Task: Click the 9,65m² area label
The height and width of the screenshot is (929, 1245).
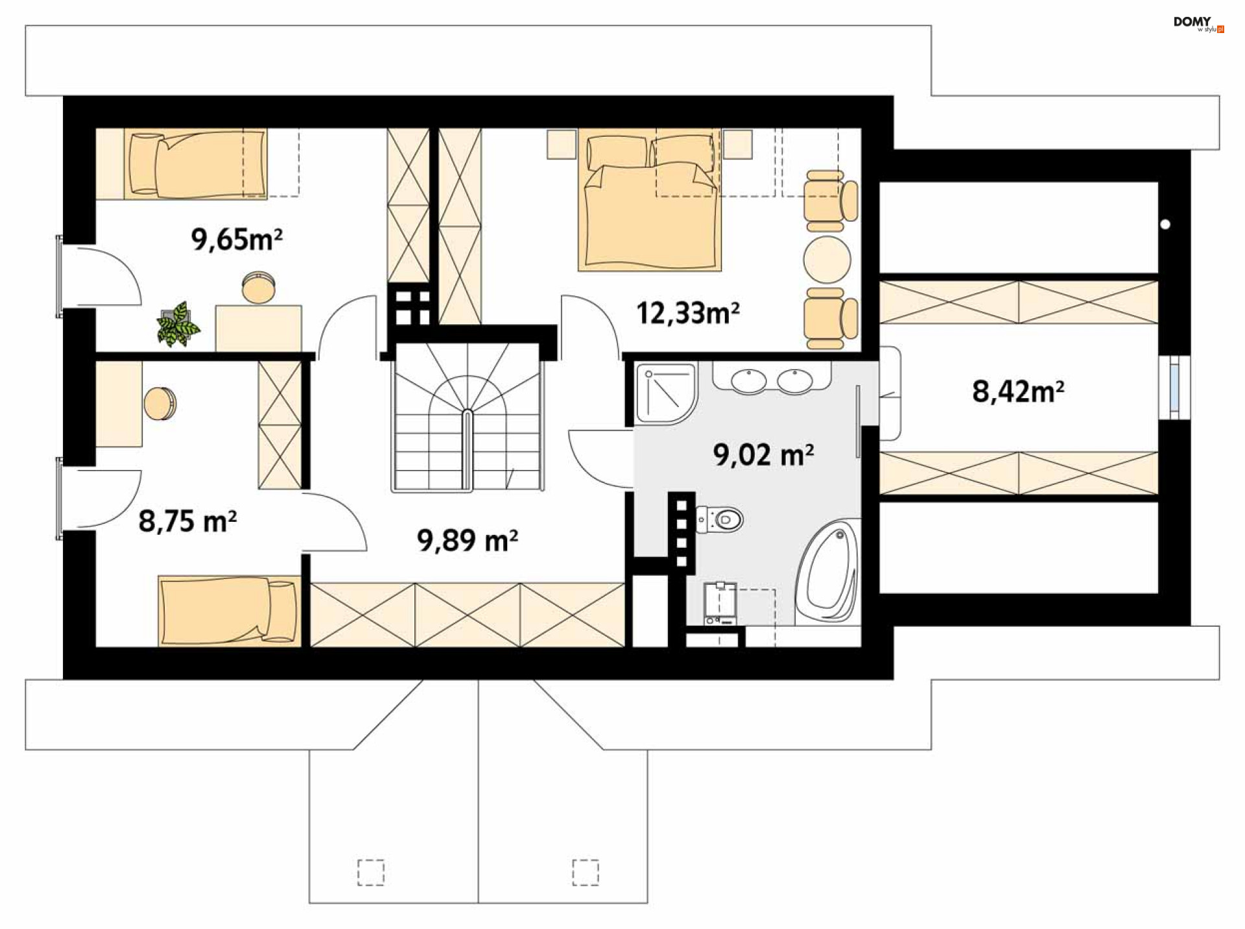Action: click(x=237, y=240)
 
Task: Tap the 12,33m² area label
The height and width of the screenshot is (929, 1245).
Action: click(x=688, y=313)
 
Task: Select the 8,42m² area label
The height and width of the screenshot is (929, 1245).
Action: click(x=1018, y=392)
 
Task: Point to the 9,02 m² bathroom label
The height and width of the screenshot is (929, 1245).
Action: click(x=763, y=454)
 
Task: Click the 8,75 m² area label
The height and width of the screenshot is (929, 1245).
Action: click(x=187, y=521)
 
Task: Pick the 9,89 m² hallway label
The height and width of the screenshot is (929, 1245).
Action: click(x=467, y=539)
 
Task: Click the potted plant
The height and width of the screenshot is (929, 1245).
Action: click(x=178, y=323)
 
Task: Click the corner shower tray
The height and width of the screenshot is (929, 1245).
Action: click(x=666, y=394)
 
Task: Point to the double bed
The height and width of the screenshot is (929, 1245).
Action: click(x=650, y=200)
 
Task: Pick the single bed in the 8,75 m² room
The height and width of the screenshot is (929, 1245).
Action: click(x=230, y=611)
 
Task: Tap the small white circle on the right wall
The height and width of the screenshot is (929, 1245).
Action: click(x=1165, y=224)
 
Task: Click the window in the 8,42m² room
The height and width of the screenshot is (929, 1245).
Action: click(x=1174, y=387)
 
